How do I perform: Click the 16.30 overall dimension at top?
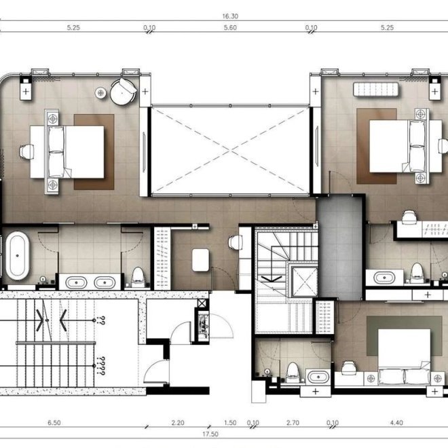(x=230, y=16)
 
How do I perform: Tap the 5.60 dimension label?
(x=230, y=28)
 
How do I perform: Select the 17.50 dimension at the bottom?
(x=210, y=434)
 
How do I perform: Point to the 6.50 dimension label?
(x=54, y=423)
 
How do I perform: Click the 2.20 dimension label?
(x=178, y=423)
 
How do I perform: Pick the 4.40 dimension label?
(x=396, y=423)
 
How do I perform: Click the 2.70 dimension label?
(x=293, y=423)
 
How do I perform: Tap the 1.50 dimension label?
(x=230, y=423)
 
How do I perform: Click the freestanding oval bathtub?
(x=18, y=256)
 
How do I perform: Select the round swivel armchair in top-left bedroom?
(x=123, y=92)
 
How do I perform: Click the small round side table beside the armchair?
(x=100, y=92)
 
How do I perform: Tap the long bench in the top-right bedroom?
(x=376, y=89)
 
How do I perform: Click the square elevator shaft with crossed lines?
(x=305, y=282)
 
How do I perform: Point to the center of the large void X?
(x=230, y=150)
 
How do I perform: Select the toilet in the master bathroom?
(x=138, y=277)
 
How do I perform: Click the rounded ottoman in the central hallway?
(x=201, y=260)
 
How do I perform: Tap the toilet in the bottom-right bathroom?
(x=293, y=372)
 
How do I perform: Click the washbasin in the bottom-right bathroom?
(x=318, y=377)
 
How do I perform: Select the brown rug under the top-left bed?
(x=94, y=152)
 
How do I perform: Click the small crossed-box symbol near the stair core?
(x=202, y=303)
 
